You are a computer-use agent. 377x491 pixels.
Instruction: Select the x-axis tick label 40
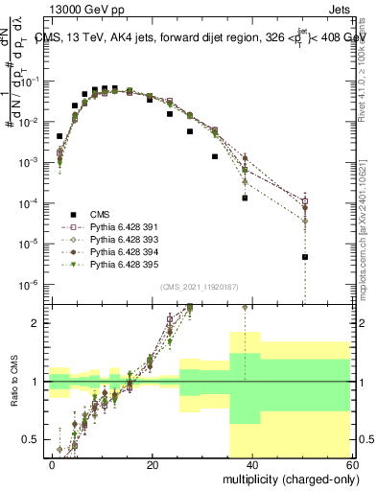(252, 464)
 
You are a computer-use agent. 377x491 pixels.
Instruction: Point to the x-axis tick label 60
(351, 464)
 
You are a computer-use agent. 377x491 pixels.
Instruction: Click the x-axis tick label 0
(53, 464)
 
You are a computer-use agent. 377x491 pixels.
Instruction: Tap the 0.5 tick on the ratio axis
(34, 439)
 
